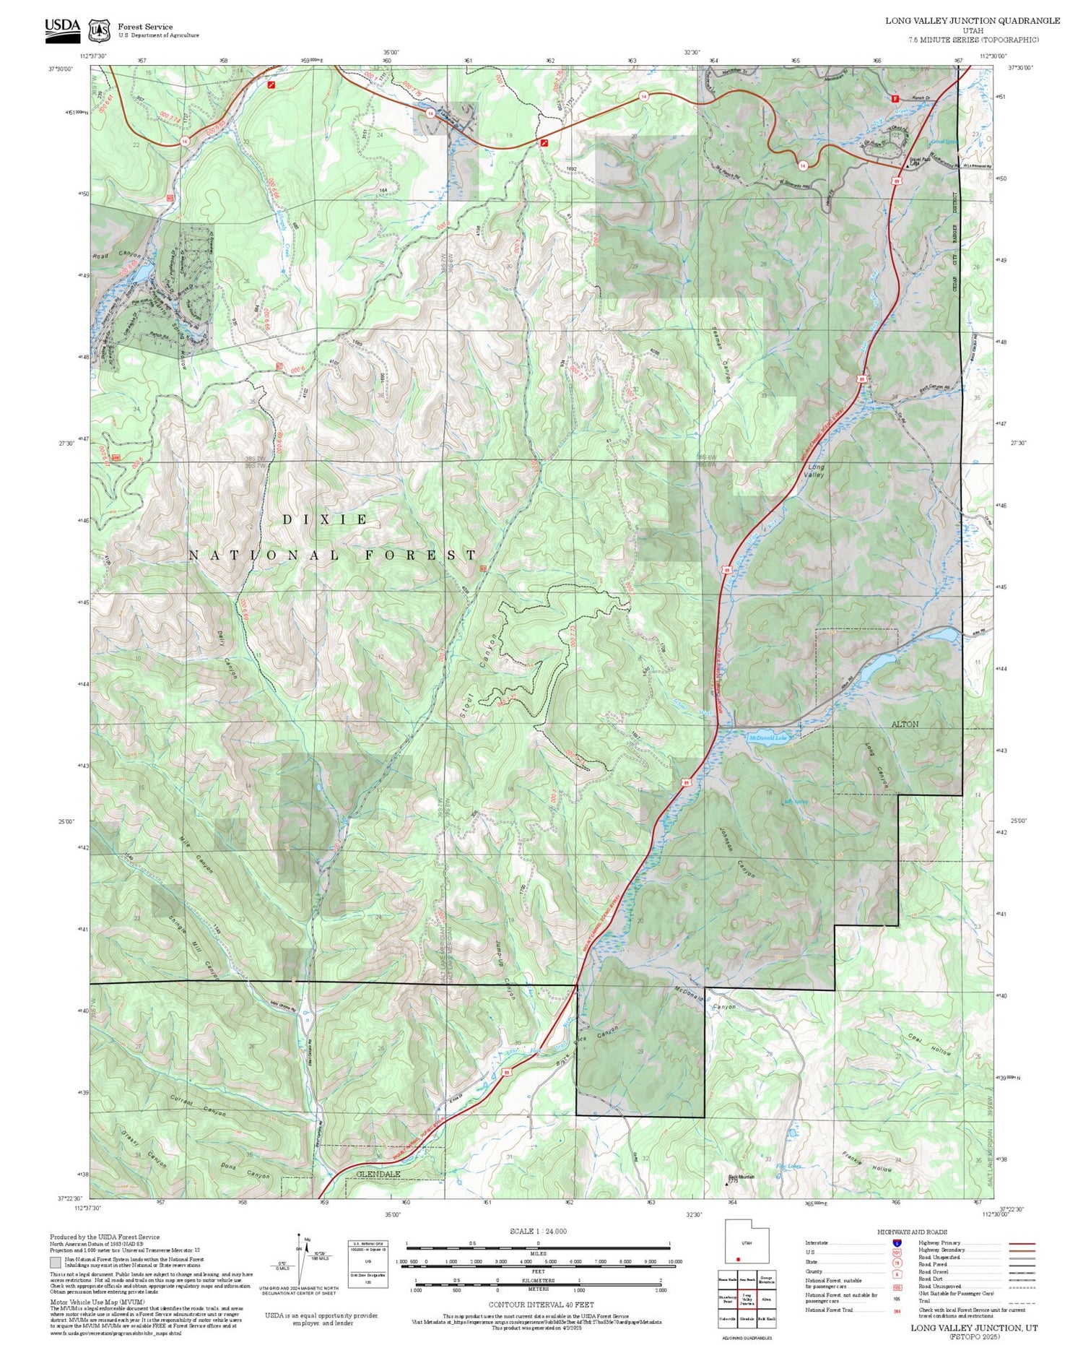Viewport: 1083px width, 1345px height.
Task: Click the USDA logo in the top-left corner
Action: click(x=62, y=30)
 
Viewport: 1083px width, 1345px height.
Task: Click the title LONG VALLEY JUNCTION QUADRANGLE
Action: click(x=973, y=20)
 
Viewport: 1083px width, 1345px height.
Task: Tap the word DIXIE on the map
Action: click(x=325, y=519)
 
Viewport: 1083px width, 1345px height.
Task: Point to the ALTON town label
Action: click(x=905, y=724)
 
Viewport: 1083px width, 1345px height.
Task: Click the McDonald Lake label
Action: click(x=767, y=738)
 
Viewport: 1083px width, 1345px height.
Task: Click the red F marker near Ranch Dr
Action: click(x=895, y=98)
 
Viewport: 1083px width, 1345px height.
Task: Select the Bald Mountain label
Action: click(x=741, y=1177)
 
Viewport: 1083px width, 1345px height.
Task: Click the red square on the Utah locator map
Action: click(x=738, y=1259)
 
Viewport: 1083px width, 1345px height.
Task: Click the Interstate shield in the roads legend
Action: click(x=897, y=1242)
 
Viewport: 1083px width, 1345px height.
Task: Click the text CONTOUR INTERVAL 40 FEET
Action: click(x=541, y=1305)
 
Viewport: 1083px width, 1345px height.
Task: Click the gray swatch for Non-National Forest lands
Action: click(x=55, y=1262)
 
